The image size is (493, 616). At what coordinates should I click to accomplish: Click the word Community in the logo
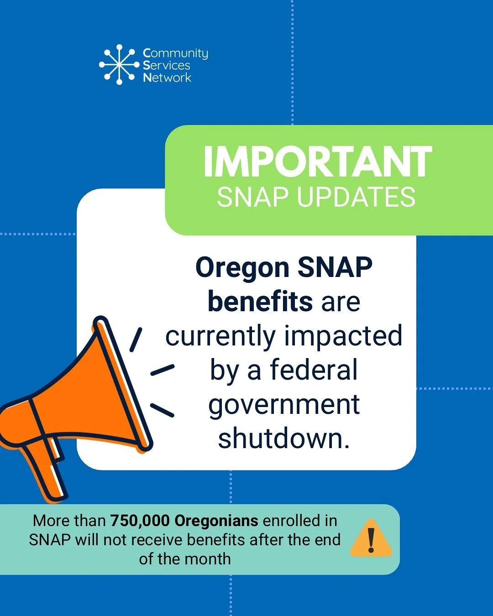click(x=175, y=53)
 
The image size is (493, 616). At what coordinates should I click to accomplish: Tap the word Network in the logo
click(x=167, y=78)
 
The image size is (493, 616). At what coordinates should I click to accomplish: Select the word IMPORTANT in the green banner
click(x=317, y=162)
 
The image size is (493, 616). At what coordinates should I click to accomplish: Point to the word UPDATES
click(x=356, y=197)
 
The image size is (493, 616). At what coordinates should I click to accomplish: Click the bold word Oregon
click(x=242, y=267)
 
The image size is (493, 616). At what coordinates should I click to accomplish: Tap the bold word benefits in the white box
click(x=260, y=302)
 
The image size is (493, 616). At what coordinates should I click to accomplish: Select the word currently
click(x=220, y=337)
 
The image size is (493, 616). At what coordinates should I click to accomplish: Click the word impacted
click(x=343, y=336)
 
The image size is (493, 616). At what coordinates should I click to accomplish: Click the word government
click(x=284, y=405)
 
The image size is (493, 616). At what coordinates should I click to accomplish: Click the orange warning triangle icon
click(x=371, y=539)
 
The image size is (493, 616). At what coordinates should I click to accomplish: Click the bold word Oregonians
click(x=216, y=521)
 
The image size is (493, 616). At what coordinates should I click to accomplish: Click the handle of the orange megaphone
click(x=46, y=470)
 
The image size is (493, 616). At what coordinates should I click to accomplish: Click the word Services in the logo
click(x=167, y=65)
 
